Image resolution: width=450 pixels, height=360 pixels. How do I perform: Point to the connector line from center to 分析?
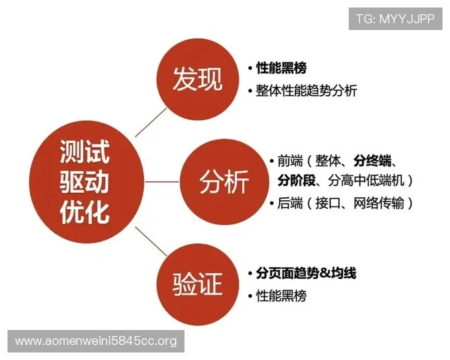click(x=162, y=181)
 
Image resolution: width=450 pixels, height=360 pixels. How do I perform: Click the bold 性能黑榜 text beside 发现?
click(x=281, y=68)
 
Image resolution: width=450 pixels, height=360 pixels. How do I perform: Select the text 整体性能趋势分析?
click(x=307, y=91)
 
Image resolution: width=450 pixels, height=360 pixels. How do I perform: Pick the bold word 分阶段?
click(x=295, y=180)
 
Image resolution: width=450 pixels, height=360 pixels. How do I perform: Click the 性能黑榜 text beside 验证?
click(x=281, y=295)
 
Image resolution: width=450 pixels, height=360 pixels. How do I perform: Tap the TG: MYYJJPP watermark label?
click(x=395, y=19)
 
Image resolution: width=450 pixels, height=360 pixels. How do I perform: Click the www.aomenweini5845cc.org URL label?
click(x=96, y=341)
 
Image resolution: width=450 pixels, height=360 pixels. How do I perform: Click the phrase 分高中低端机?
click(x=366, y=180)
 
